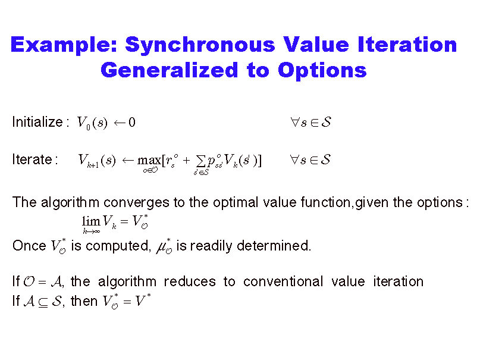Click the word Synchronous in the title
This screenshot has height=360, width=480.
tap(200, 45)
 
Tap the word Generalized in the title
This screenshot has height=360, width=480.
tap(170, 71)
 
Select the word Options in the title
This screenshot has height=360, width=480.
tap(322, 71)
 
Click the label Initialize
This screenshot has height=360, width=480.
tap(37, 122)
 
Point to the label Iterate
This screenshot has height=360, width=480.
tap(32, 159)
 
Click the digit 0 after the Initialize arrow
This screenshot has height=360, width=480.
tap(132, 123)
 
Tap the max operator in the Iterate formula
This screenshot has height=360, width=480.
tap(149, 160)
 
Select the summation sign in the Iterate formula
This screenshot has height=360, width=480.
tap(200, 160)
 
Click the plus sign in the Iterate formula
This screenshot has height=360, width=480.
tap(186, 160)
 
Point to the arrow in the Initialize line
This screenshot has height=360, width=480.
tap(120, 123)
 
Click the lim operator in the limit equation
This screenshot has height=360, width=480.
tap(91, 221)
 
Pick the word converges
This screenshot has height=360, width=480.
tap(136, 203)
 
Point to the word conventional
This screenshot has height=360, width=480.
tap(283, 281)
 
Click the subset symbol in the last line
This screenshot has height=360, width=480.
tap(43, 302)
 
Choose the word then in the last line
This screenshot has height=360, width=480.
tap(84, 301)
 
